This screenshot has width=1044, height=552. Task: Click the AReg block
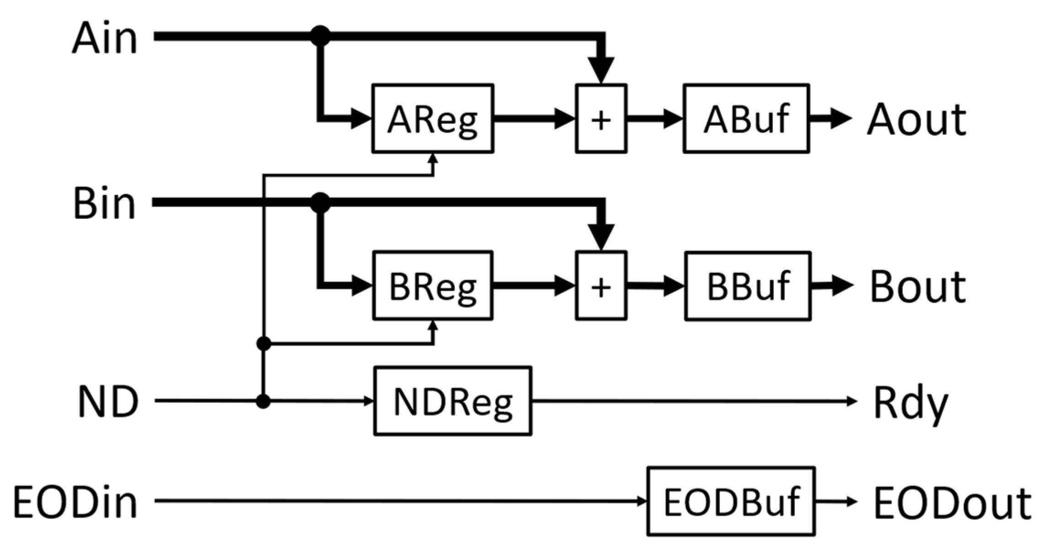[432, 118]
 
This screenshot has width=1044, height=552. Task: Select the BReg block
[432, 286]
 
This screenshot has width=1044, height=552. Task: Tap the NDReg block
[453, 401]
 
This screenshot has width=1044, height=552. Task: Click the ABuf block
[746, 118]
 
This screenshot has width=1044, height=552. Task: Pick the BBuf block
[748, 286]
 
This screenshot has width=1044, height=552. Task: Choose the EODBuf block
[731, 501]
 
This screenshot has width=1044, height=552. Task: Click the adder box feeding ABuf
[601, 119]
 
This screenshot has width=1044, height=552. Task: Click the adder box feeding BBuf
[601, 286]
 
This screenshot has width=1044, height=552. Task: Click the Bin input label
[105, 204]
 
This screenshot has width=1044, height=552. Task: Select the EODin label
[75, 502]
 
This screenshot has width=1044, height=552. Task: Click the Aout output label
[916, 120]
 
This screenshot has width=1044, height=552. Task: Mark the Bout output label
[917, 287]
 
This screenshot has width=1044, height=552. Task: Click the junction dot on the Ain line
[320, 36]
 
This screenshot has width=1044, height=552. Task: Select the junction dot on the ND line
[263, 401]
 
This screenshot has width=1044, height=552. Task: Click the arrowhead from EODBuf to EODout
[851, 501]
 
